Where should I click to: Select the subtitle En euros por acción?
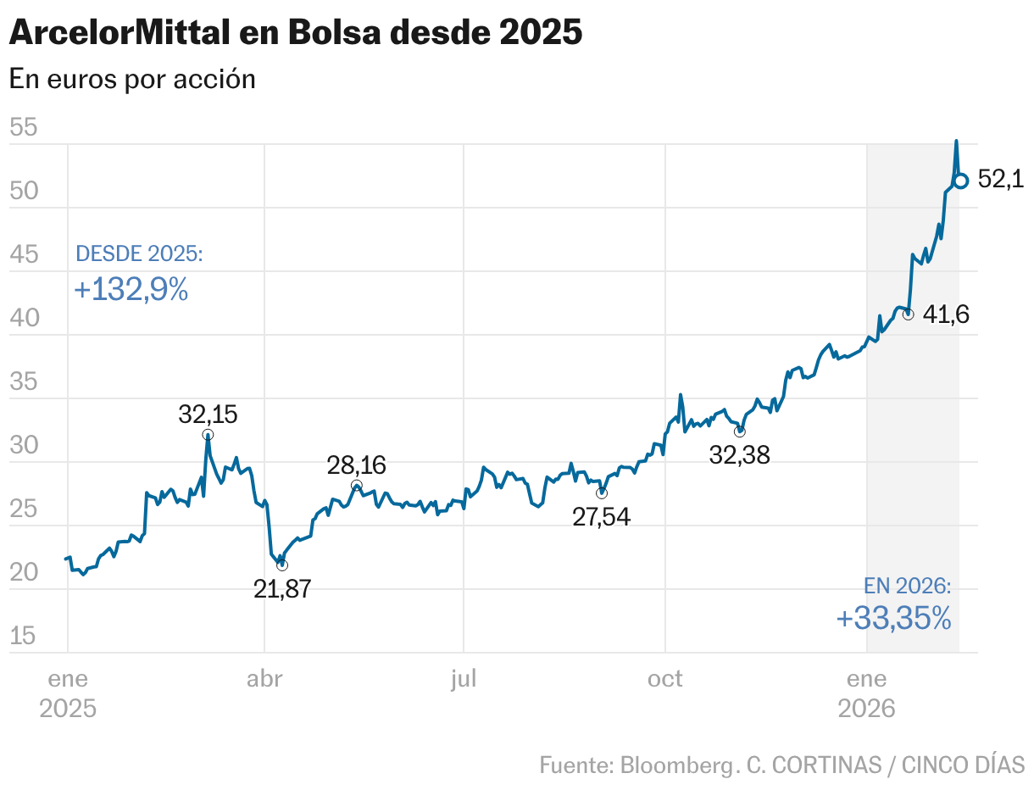tap(132, 79)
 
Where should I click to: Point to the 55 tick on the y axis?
tap(24, 128)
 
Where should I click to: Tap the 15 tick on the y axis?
tap(24, 636)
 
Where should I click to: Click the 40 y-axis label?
tap(24, 318)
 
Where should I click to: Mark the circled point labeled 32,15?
tap(208, 435)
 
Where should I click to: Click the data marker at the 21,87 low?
tap(282, 565)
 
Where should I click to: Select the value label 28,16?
tap(356, 465)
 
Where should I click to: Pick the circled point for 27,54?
tap(602, 493)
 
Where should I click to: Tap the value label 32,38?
tap(739, 455)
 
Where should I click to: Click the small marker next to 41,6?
tap(909, 314)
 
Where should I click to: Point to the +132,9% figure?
tap(131, 290)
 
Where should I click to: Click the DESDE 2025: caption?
tap(139, 253)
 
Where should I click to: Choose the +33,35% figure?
tap(893, 618)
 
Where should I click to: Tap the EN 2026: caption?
tap(907, 586)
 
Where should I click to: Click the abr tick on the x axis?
tap(264, 680)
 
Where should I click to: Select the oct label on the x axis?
tap(665, 680)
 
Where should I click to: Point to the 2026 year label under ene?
tap(866, 709)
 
